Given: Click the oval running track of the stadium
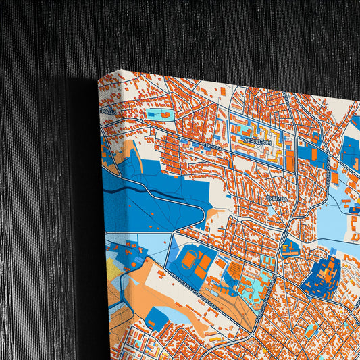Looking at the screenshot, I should (x=192, y=260).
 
